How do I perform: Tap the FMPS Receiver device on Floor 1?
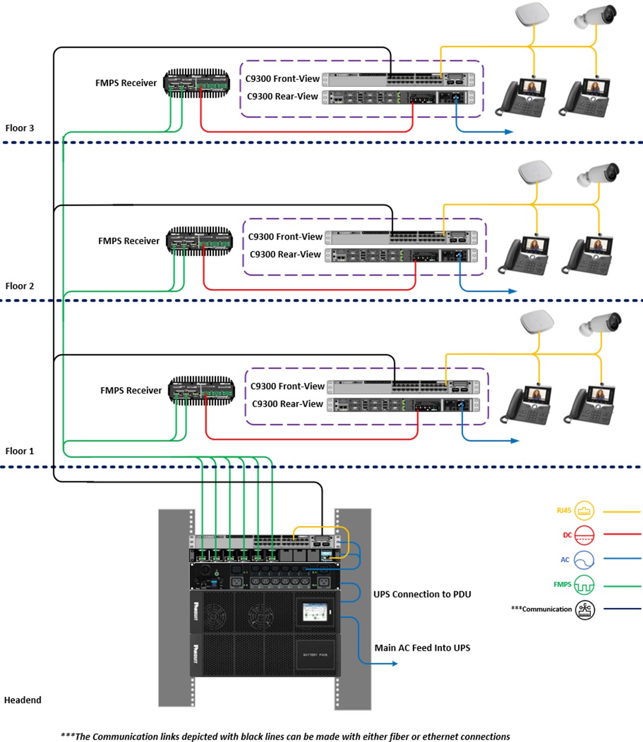[201, 390]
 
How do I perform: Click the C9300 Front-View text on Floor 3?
[282, 78]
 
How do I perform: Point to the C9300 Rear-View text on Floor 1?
[287, 404]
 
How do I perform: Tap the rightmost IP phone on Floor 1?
[592, 405]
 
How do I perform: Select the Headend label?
[23, 700]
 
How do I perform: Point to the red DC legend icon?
[585, 534]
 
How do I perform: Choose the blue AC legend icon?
[585, 560]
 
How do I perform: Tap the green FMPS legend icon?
[585, 584]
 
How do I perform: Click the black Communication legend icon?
[585, 609]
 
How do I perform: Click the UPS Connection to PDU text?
[422, 594]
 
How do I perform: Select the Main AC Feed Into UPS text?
[422, 648]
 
